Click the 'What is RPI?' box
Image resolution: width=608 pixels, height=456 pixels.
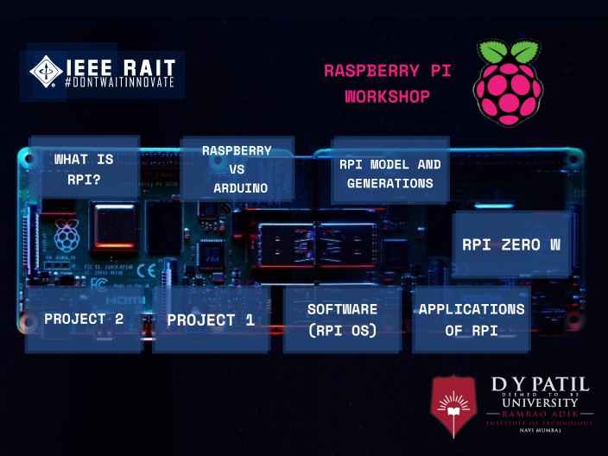click(x=84, y=168)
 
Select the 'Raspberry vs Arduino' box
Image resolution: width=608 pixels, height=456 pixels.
click(x=237, y=168)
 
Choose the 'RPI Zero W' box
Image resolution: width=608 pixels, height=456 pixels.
click(x=511, y=244)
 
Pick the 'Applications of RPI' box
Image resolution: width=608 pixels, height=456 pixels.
click(x=471, y=320)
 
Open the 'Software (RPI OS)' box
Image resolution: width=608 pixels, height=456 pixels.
click(x=342, y=320)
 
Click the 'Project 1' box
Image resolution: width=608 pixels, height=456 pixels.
click(x=212, y=320)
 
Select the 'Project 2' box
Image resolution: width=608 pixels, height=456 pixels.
click(x=84, y=320)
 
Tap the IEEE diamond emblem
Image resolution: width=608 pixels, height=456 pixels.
click(x=45, y=72)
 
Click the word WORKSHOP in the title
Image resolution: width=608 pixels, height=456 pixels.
click(x=387, y=96)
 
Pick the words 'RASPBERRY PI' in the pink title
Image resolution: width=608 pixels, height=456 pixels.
click(x=387, y=71)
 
